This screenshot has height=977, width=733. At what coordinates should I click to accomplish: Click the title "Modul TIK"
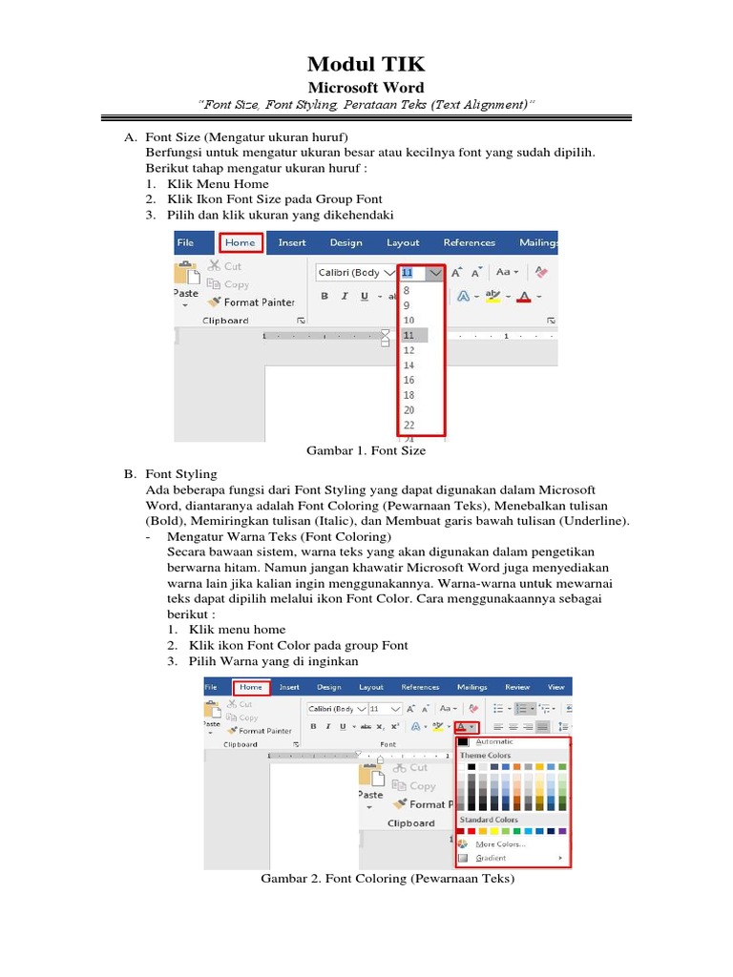366,65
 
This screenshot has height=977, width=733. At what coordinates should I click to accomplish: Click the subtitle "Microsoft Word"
366,88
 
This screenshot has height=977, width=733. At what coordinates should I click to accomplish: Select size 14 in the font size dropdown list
409,365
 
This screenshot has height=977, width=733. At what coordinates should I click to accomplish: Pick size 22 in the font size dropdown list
409,425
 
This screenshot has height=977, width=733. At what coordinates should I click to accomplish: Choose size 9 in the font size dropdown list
408,305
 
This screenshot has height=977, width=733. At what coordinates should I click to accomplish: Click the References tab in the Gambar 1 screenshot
469,243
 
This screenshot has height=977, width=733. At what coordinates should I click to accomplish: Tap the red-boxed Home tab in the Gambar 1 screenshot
240,243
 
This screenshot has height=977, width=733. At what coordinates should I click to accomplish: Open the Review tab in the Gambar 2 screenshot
517,686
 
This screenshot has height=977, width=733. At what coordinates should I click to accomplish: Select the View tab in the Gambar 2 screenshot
556,686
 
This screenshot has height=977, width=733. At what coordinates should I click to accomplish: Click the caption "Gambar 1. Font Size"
366,450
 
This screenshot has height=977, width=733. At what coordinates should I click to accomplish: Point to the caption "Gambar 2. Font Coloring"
387,879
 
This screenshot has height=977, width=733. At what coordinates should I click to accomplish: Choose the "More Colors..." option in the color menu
500,844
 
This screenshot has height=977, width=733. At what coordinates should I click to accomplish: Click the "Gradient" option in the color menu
491,859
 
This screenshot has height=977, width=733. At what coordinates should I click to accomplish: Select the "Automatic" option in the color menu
494,741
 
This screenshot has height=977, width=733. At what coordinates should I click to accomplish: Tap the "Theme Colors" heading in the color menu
486,756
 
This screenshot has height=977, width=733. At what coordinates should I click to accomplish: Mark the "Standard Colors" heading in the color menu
490,820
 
